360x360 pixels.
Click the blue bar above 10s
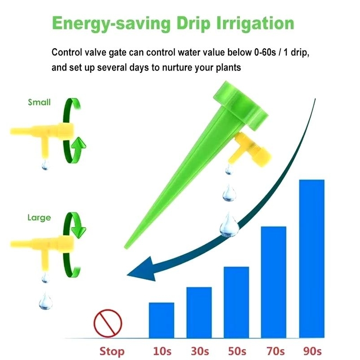tap(162, 320)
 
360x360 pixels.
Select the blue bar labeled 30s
tap(199, 312)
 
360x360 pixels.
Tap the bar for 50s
tap(236, 302)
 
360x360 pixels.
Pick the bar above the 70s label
tap(274, 282)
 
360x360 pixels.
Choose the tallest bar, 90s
tap(312, 258)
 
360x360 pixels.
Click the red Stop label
tap(112, 351)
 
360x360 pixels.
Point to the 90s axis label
tap(312, 351)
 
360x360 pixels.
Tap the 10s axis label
tap(162, 351)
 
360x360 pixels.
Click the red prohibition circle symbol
tap(108, 323)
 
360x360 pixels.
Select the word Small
tap(39, 102)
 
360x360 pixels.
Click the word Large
tap(39, 218)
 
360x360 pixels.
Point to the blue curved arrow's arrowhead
tap(142, 269)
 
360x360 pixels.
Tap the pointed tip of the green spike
tap(126, 248)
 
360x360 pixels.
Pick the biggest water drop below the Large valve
tap(46, 301)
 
